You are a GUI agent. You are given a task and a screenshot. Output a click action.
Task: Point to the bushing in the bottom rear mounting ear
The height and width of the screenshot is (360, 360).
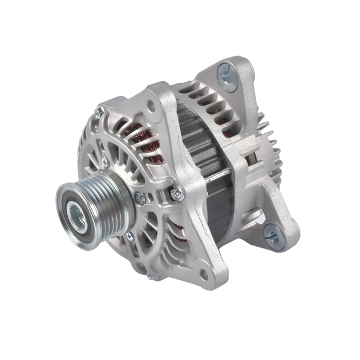pyautogui.click(x=272, y=236)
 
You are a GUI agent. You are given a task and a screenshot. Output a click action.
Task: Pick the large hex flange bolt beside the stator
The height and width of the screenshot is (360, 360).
pyautogui.click(x=176, y=193)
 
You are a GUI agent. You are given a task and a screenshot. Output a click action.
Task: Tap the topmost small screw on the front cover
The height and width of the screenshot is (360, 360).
pyautogui.click(x=100, y=112)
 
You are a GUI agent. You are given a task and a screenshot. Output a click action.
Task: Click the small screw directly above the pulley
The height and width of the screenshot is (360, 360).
pyautogui.click(x=105, y=162)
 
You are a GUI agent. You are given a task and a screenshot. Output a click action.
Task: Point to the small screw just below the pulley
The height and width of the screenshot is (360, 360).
pyautogui.click(x=129, y=236)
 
